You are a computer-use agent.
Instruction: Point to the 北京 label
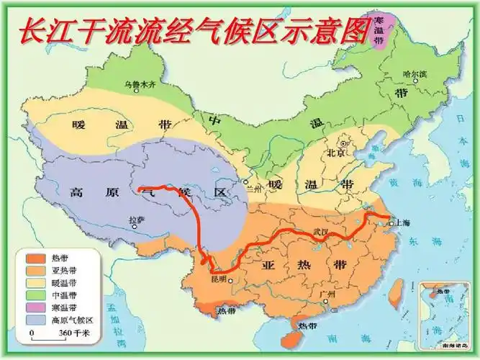337,153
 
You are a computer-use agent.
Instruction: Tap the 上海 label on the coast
402,224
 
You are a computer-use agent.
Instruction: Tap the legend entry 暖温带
63,282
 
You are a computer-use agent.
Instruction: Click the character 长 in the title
32,30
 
